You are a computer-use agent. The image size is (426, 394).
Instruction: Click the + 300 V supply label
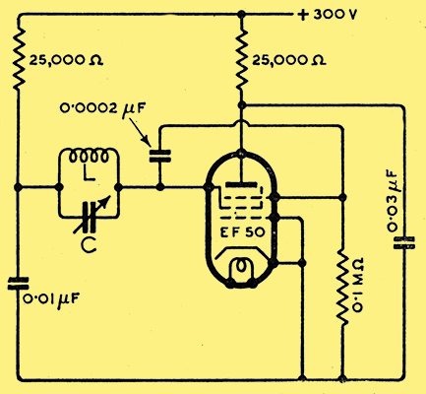click(327, 15)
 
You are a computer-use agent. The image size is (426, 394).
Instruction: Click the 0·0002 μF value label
click(102, 108)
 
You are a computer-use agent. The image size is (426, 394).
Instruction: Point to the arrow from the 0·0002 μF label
click(140, 132)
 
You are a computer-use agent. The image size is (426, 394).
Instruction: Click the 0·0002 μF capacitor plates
click(160, 156)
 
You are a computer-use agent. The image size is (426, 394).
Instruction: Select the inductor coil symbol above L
click(89, 157)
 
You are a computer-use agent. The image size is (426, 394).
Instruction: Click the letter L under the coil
click(89, 173)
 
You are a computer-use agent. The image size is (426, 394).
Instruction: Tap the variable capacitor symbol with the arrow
click(91, 216)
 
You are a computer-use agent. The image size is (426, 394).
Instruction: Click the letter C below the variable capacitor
click(89, 244)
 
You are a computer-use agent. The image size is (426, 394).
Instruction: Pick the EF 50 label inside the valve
click(242, 232)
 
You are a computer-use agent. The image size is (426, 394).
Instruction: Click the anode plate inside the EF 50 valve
click(241, 184)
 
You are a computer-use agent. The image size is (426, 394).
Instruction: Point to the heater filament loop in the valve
click(242, 267)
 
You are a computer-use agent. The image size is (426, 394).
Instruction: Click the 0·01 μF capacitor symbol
click(19, 284)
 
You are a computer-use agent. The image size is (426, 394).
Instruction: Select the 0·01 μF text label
click(51, 299)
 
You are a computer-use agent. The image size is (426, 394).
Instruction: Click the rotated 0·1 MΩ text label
click(357, 284)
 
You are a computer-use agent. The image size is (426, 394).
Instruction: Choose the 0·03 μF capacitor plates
click(404, 242)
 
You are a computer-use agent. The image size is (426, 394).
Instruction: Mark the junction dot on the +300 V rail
click(242, 15)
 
